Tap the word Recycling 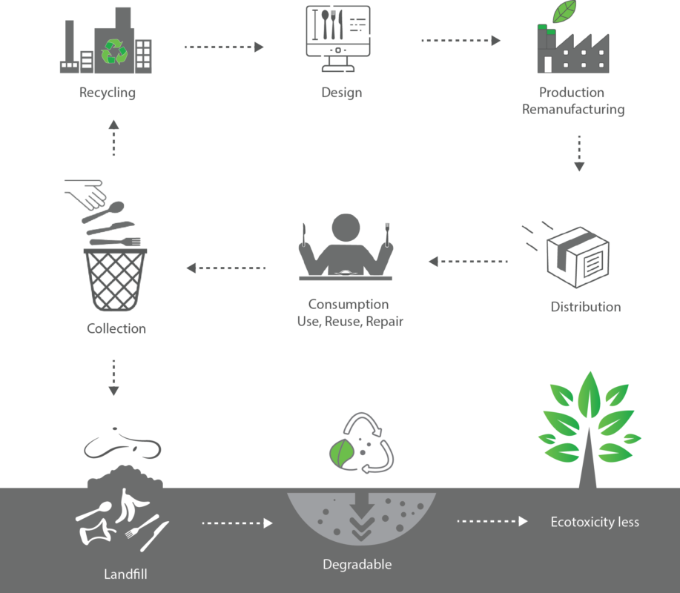coord(108,93)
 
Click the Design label coord(341,93)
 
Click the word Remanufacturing coord(573,110)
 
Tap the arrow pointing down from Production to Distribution coord(579,153)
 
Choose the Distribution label coord(585,307)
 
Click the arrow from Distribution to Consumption coord(468,262)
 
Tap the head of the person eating coord(345,231)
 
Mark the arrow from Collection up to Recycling coord(113,138)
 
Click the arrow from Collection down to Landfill coord(113,378)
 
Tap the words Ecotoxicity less coord(595,522)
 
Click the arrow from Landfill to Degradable coord(237,523)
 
